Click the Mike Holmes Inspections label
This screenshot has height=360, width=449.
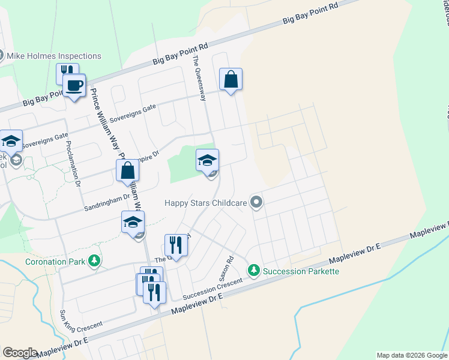pos(53,56)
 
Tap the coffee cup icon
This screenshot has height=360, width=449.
pos(74,85)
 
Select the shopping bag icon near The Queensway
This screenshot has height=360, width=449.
pos(231,79)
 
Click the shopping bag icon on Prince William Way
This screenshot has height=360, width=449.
pos(128,171)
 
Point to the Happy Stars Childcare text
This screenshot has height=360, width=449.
pos(206,203)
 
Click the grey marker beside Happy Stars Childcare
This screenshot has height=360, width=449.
pos(257,202)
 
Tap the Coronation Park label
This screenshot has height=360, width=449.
pos(55,262)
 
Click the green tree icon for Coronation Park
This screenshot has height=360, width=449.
pos(94,261)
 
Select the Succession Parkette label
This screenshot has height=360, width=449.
pos(301,271)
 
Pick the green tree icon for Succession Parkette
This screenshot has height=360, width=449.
pos(255,271)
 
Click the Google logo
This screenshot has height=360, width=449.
pos(20,352)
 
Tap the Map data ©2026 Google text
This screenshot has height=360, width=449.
pos(412,355)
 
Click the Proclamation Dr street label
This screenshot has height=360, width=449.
pos(73,164)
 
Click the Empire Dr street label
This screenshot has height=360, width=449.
pos(148,157)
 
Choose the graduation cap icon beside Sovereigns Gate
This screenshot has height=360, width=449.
pos(11,142)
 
